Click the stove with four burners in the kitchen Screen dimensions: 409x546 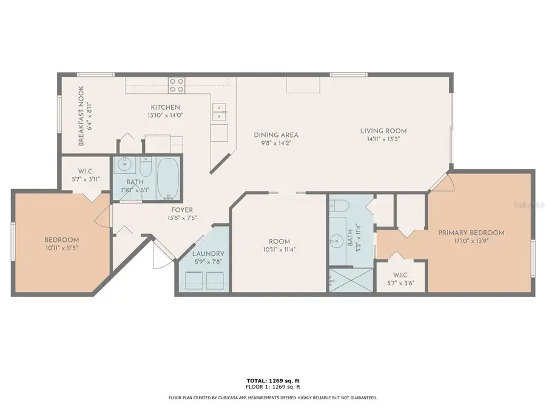pyautogui.click(x=177, y=85)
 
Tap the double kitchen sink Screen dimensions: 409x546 pyautogui.click(x=218, y=110)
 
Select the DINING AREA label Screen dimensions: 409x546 pyautogui.click(x=276, y=135)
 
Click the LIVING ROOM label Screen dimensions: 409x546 pyautogui.click(x=383, y=131)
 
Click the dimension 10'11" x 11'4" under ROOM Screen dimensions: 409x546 pyautogui.click(x=279, y=249)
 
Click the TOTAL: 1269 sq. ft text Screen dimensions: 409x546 pyautogui.click(x=272, y=381)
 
